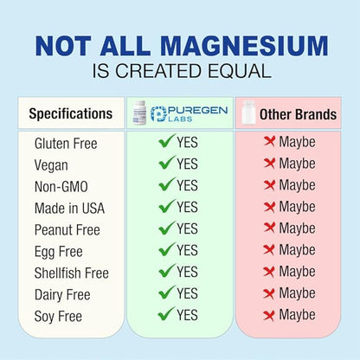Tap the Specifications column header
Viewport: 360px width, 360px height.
tap(70, 113)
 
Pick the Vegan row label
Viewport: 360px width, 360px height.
tap(51, 164)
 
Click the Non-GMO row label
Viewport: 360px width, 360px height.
tap(61, 186)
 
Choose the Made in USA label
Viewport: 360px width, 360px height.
tap(67, 208)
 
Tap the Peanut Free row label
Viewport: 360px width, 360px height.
tap(67, 229)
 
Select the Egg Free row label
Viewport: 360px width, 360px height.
tap(57, 251)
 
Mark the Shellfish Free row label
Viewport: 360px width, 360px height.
tap(72, 273)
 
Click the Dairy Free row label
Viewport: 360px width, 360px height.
tap(62, 294)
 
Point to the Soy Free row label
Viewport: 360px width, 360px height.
tap(57, 317)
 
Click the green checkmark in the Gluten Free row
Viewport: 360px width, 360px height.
tap(167, 141)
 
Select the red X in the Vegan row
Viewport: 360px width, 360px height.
tap(269, 164)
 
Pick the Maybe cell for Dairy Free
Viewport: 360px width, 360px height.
tap(297, 294)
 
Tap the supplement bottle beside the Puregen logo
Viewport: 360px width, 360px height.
tap(139, 112)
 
